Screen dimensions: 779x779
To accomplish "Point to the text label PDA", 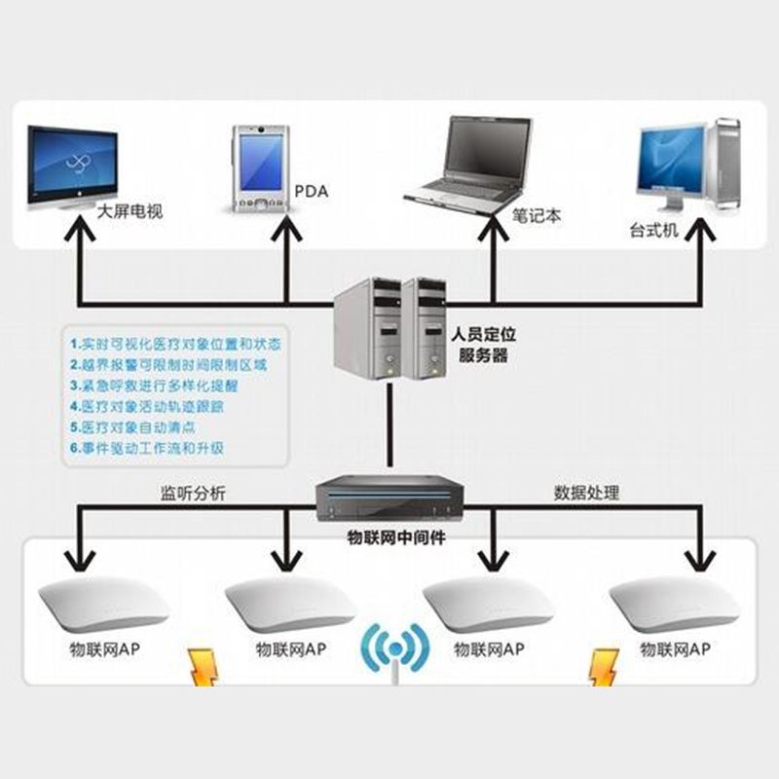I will pos(312,192).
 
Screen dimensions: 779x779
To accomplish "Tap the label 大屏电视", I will pos(130,210).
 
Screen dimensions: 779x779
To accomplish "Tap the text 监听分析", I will pos(193,493).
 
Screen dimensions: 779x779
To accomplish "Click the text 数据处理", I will pos(586,493).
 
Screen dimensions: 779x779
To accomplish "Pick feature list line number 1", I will pos(175,344).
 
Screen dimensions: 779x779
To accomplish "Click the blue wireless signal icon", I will pos(395,648).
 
